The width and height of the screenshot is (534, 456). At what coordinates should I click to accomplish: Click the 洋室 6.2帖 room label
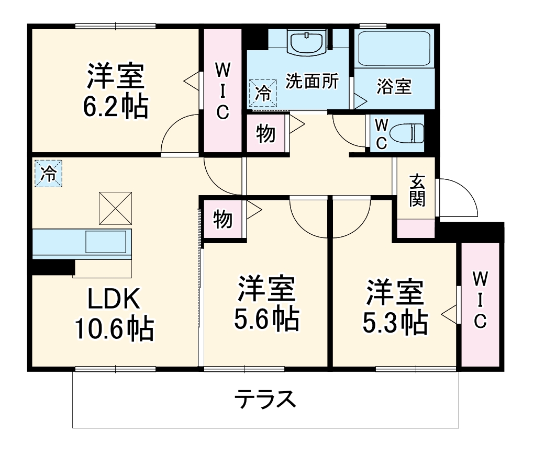coord(115,90)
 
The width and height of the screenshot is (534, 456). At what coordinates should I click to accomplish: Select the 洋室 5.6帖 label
coord(266,303)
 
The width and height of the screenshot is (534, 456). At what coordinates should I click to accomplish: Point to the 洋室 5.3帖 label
coord(395,307)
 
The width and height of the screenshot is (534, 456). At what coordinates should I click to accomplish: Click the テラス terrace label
coord(265,400)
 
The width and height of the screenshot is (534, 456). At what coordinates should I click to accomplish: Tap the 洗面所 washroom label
coord(311,82)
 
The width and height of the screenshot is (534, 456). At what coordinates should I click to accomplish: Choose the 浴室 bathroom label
coord(394,87)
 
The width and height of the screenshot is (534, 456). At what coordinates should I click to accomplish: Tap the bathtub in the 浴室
coord(394,48)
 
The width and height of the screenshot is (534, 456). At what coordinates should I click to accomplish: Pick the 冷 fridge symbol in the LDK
coord(48,174)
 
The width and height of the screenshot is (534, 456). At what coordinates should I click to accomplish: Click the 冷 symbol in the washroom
coord(263,94)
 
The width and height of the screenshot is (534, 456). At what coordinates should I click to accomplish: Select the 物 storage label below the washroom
coord(266,134)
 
